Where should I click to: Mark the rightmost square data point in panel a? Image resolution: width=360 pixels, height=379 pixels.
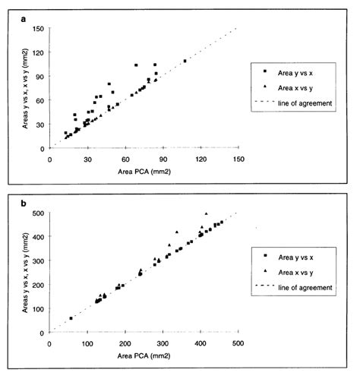tap(185, 61)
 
